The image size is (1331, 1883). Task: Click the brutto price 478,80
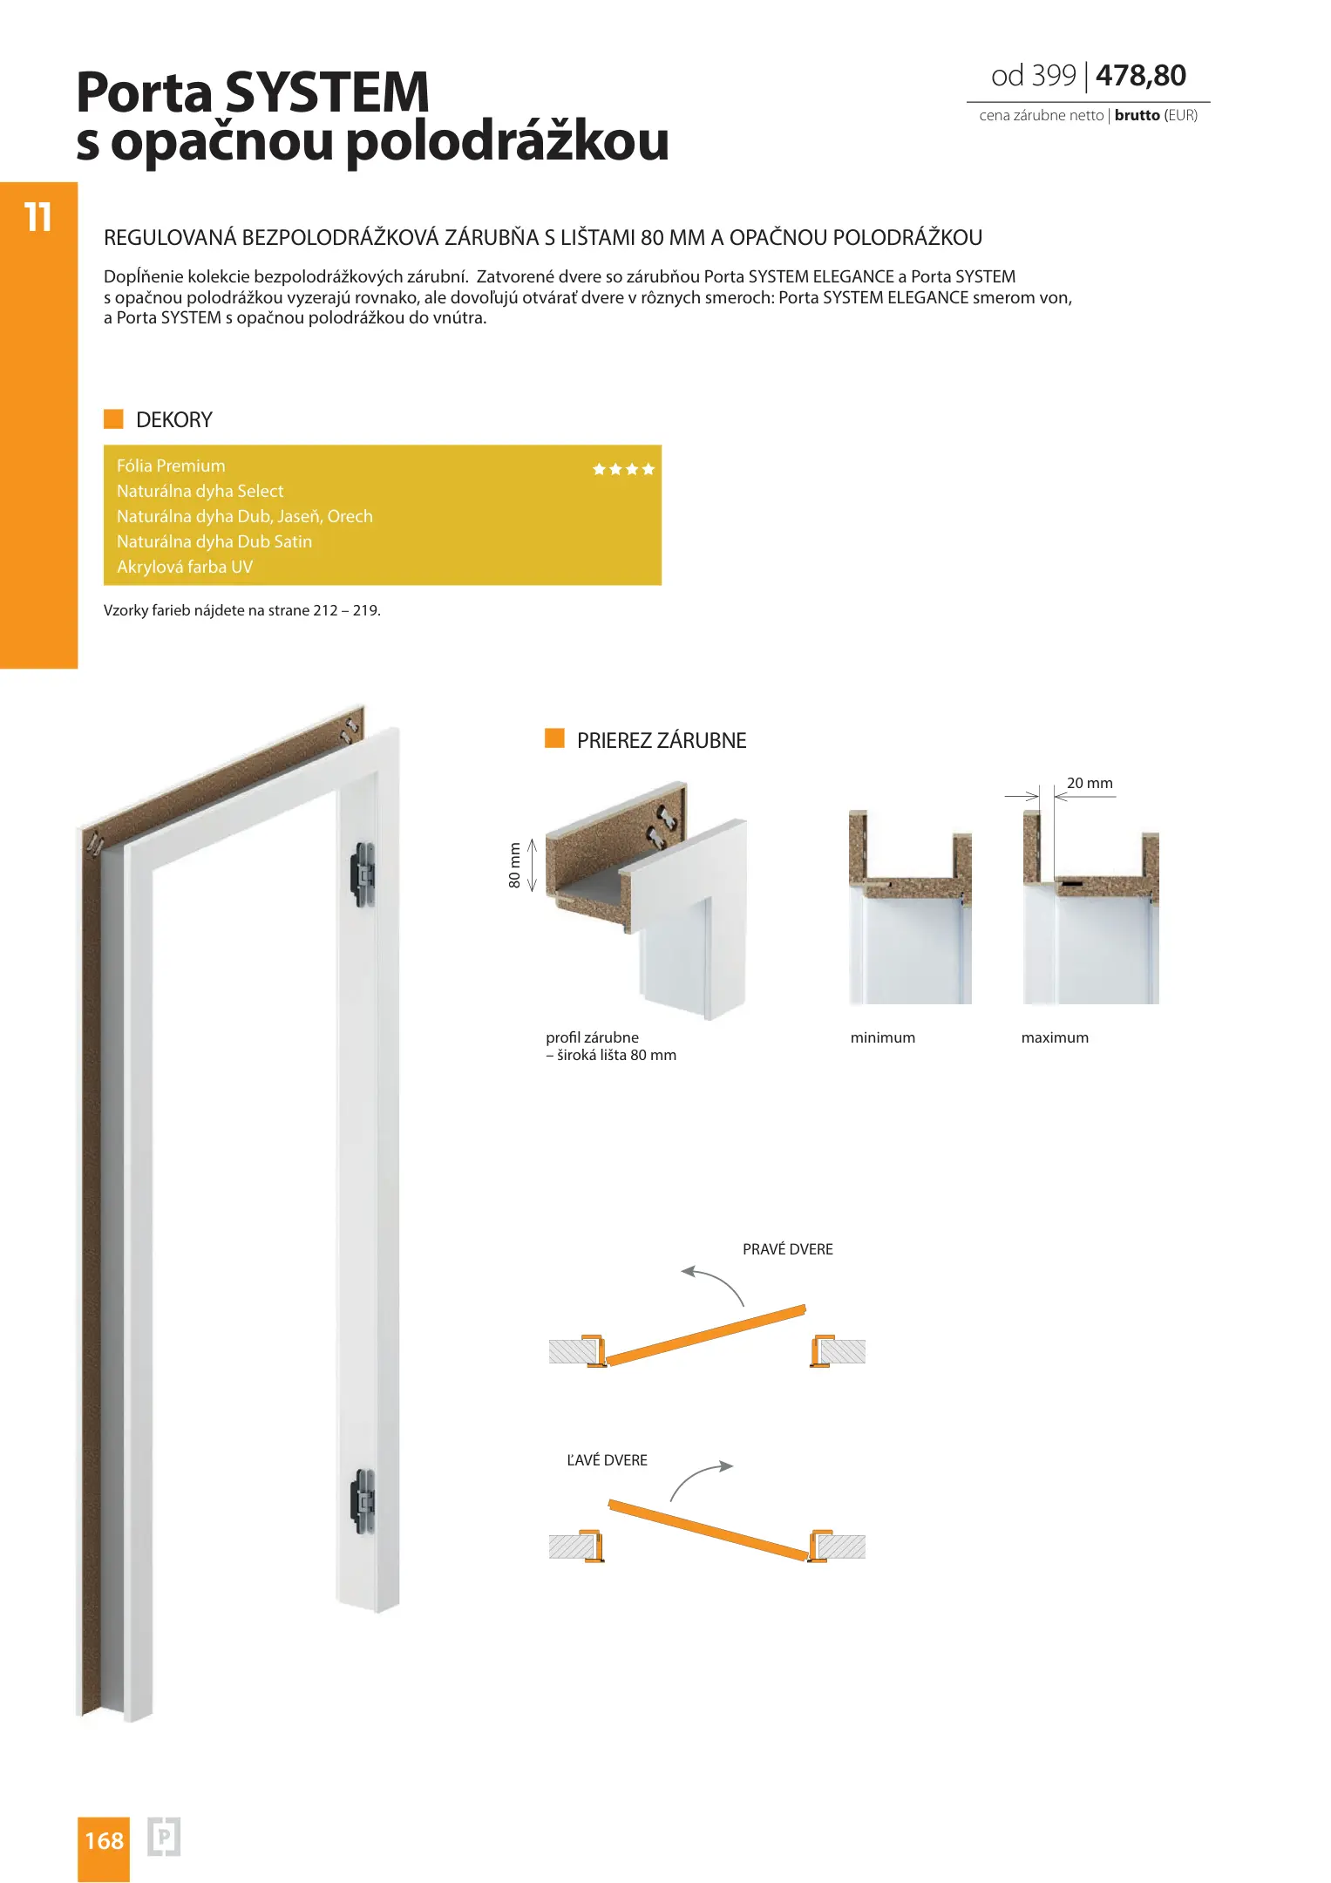1140,76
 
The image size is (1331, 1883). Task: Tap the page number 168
104,1840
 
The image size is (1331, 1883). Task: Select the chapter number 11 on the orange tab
37,217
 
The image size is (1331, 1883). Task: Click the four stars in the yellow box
623,469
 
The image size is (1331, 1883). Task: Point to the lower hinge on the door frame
363,1499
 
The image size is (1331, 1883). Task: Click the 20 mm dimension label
1090,783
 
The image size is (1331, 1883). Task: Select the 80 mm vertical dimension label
514,865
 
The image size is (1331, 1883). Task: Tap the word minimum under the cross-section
882,1037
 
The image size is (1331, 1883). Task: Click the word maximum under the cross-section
1055,1037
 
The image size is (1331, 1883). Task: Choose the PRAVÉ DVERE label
787,1249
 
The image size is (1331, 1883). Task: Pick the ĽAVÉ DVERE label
607,1460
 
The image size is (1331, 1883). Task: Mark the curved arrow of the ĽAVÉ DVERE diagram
700,1479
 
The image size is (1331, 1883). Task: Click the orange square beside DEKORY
113,419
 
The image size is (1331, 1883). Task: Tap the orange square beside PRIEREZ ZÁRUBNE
554,739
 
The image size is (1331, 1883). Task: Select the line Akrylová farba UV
185,567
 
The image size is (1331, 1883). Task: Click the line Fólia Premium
171,466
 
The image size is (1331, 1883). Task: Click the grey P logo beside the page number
164,1838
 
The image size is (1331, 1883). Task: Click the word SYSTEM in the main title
327,92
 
